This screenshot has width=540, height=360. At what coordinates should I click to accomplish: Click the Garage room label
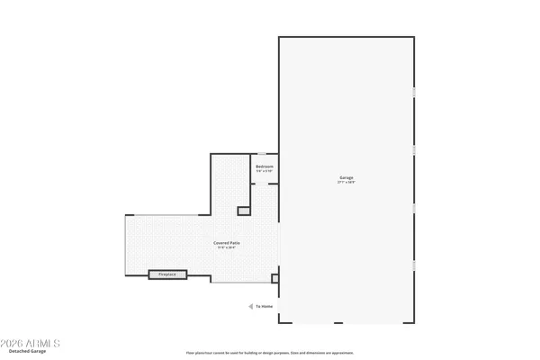(346, 178)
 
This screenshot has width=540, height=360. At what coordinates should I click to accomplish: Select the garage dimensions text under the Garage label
(346, 184)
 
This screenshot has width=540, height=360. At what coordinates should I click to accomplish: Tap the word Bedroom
(265, 167)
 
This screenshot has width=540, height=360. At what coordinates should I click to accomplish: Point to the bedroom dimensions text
(265, 173)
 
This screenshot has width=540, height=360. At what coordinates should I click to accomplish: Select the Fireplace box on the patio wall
(167, 274)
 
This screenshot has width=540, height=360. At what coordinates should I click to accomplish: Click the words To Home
(264, 307)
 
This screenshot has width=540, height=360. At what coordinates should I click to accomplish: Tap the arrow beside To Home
(250, 307)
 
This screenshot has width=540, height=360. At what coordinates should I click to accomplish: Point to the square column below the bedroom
(243, 211)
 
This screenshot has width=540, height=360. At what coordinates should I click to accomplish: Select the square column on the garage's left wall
(275, 279)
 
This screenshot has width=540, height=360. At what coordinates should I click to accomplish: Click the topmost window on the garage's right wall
(414, 93)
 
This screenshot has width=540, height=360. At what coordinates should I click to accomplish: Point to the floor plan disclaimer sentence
(270, 352)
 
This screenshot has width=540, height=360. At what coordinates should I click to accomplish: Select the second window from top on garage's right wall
(414, 148)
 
